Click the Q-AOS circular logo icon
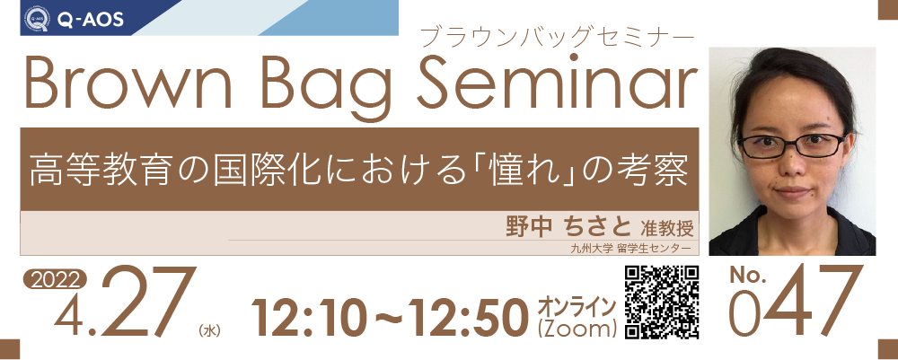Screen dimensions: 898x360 (x=36, y=19)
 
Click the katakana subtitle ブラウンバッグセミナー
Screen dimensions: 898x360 (x=558, y=36)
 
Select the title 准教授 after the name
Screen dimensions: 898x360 (x=663, y=228)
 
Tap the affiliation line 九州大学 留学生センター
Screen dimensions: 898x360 (x=631, y=249)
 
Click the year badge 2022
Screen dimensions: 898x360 (x=55, y=279)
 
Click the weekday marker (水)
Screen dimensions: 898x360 (x=209, y=330)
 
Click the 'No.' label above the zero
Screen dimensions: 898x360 (x=747, y=276)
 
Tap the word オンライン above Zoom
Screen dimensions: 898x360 (x=577, y=305)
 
